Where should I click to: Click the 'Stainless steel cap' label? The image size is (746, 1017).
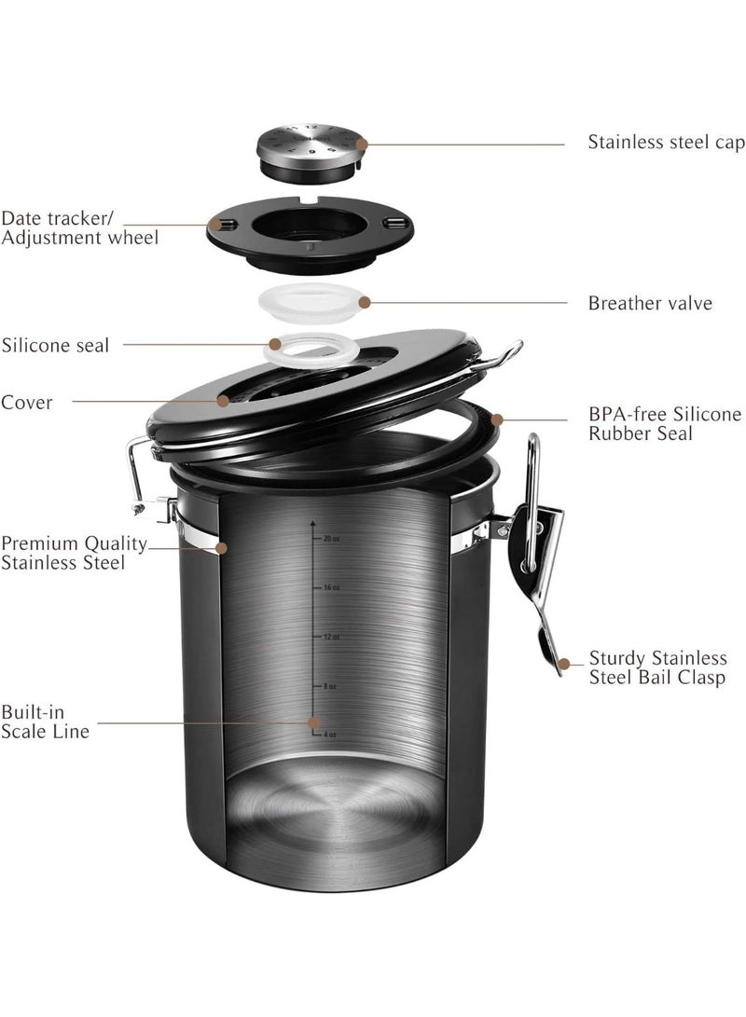pyautogui.click(x=666, y=143)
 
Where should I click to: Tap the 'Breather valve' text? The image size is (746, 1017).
pyautogui.click(x=649, y=303)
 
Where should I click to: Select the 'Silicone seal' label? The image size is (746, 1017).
pyautogui.click(x=55, y=345)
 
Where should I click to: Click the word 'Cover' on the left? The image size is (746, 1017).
pyautogui.click(x=26, y=403)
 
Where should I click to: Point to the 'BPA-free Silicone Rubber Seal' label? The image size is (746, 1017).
pyautogui.click(x=664, y=424)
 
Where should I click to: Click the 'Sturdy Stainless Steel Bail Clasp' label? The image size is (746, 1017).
pyautogui.click(x=656, y=668)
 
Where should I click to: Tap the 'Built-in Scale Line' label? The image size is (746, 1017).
pyautogui.click(x=45, y=722)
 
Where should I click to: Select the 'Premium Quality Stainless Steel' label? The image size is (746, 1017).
pyautogui.click(x=74, y=553)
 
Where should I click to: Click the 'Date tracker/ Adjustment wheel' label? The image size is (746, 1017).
pyautogui.click(x=78, y=227)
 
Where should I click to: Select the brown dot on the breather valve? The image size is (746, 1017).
pyautogui.click(x=365, y=302)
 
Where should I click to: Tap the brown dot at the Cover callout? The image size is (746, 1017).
pyautogui.click(x=223, y=401)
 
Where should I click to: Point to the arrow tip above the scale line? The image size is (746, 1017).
pyautogui.click(x=313, y=524)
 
